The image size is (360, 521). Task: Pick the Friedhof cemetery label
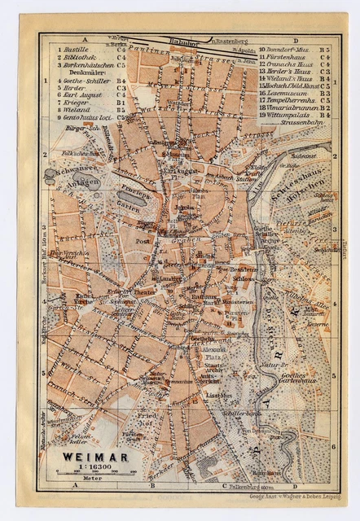pyautogui.click(x=151, y=418)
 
